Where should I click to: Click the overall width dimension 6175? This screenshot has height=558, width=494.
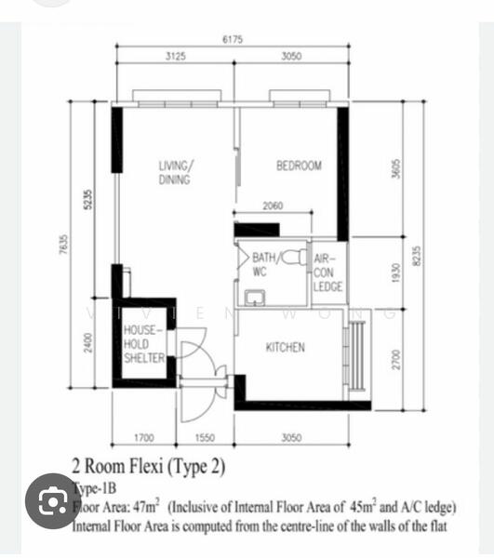(x=233, y=39)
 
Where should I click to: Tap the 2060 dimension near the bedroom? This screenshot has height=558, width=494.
(x=273, y=206)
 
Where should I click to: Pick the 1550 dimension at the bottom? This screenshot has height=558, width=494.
(x=207, y=436)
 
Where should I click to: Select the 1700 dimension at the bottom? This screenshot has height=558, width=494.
(x=144, y=436)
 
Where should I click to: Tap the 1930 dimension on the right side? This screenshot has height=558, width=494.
(x=395, y=272)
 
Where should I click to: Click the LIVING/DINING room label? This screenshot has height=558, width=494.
(x=176, y=173)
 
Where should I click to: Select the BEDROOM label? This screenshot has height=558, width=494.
(x=299, y=166)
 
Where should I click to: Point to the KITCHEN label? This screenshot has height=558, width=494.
(x=286, y=347)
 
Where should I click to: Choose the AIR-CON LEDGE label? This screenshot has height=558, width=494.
(x=327, y=273)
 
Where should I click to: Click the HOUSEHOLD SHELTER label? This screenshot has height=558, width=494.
(x=143, y=344)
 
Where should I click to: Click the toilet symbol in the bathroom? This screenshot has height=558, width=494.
(x=292, y=256)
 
